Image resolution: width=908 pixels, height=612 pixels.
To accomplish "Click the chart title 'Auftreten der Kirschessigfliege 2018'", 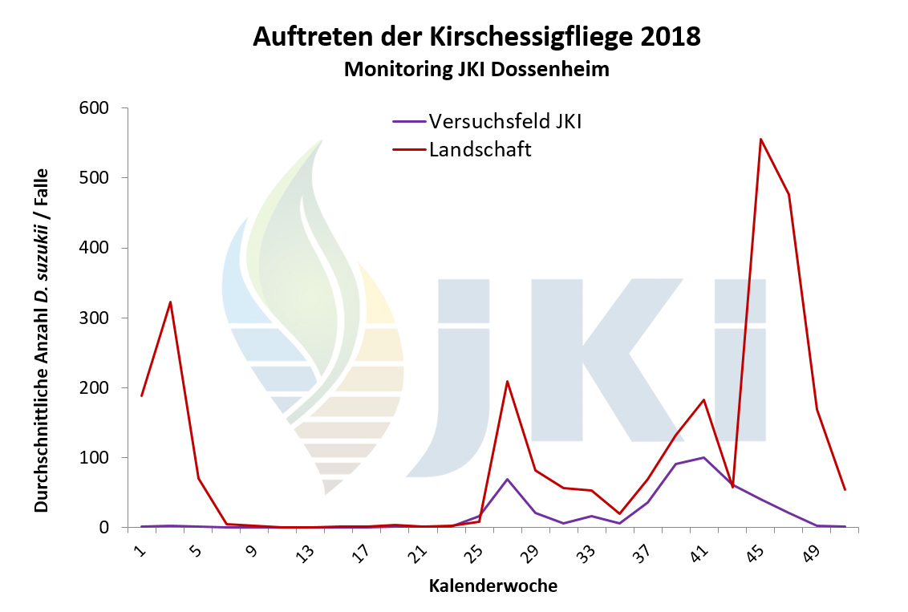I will (x=476, y=37).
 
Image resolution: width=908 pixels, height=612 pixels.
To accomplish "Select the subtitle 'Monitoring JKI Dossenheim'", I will (x=476, y=70).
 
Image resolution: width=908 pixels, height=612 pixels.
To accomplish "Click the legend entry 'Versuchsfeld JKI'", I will (x=505, y=122).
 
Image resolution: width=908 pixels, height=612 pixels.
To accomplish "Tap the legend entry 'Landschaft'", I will (x=480, y=149).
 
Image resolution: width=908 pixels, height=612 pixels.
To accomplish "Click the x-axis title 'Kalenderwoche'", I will (x=493, y=586).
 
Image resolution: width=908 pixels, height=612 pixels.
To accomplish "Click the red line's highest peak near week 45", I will (x=760, y=139).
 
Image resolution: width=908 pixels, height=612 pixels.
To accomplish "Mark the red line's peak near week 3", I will (x=170, y=302).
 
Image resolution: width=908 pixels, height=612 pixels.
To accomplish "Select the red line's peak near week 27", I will (x=507, y=381).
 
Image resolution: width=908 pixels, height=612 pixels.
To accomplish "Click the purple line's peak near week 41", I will (x=703, y=457).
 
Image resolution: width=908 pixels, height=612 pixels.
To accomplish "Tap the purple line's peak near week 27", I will (x=507, y=479).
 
